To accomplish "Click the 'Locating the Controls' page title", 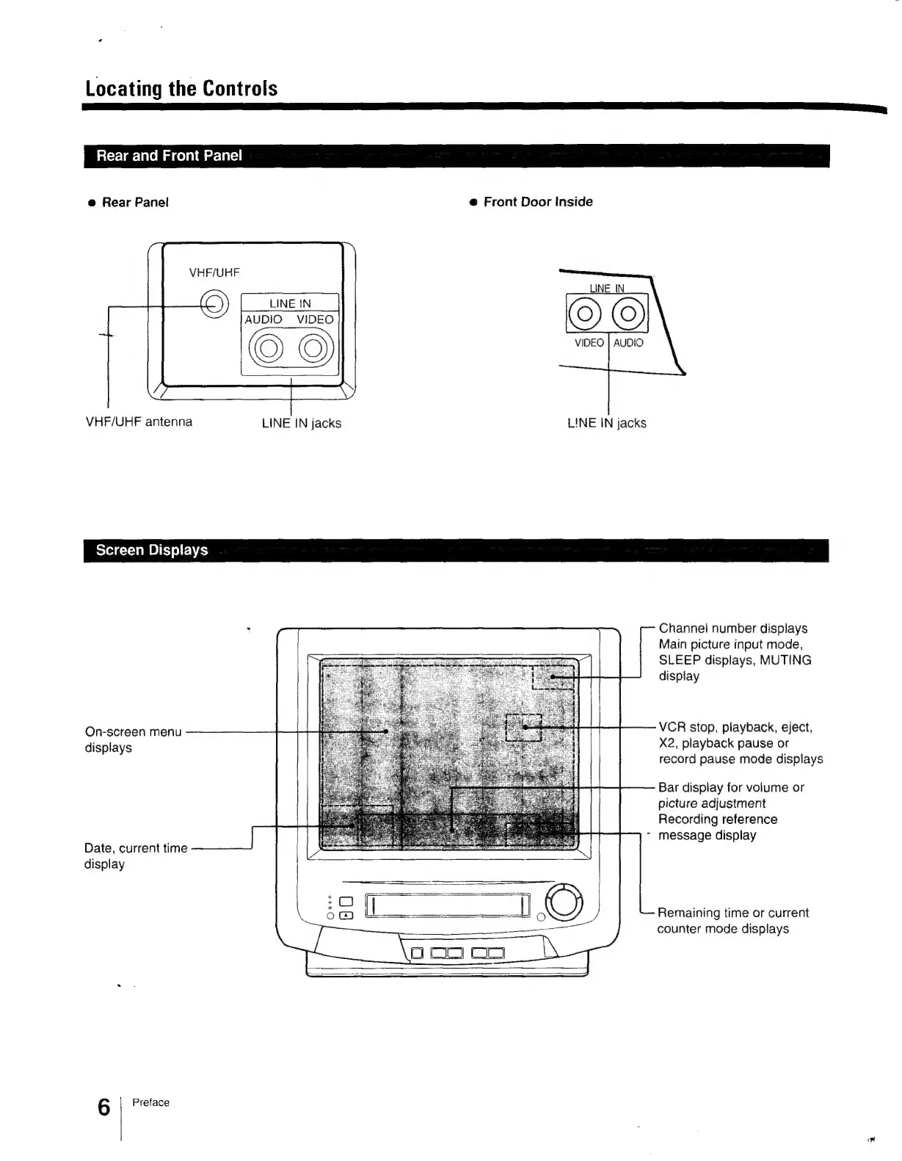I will point(181,88).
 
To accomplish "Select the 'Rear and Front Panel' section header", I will point(169,156).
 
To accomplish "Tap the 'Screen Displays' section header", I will point(152,550).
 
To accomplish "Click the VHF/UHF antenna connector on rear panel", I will point(214,305).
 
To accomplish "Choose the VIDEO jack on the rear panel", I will point(312,348).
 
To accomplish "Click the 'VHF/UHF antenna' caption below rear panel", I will point(139,422).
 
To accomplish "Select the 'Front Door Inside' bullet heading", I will point(537,202).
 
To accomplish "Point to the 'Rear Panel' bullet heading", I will point(135,203).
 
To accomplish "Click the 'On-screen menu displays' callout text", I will point(133,739).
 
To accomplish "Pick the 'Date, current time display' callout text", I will point(136,856).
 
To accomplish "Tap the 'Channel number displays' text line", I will point(732,629).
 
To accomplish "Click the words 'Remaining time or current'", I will point(732,913).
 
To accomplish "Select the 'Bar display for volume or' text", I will point(731,787).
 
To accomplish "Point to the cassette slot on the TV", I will point(448,905).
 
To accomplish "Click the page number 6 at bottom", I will point(104,1107).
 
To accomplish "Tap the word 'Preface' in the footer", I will point(150,1102).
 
